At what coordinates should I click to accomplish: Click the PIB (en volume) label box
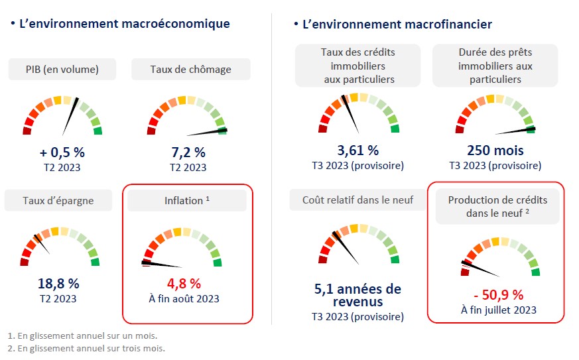[62, 69]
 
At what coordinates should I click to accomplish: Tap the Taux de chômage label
[190, 69]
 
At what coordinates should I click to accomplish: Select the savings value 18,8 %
[59, 283]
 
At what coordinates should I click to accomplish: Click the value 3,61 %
[358, 150]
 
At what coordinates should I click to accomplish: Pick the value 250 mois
[495, 150]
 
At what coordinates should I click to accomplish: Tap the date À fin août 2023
[184, 298]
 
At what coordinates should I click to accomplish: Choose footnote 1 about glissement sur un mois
[82, 335]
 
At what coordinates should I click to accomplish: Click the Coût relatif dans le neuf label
[358, 200]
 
